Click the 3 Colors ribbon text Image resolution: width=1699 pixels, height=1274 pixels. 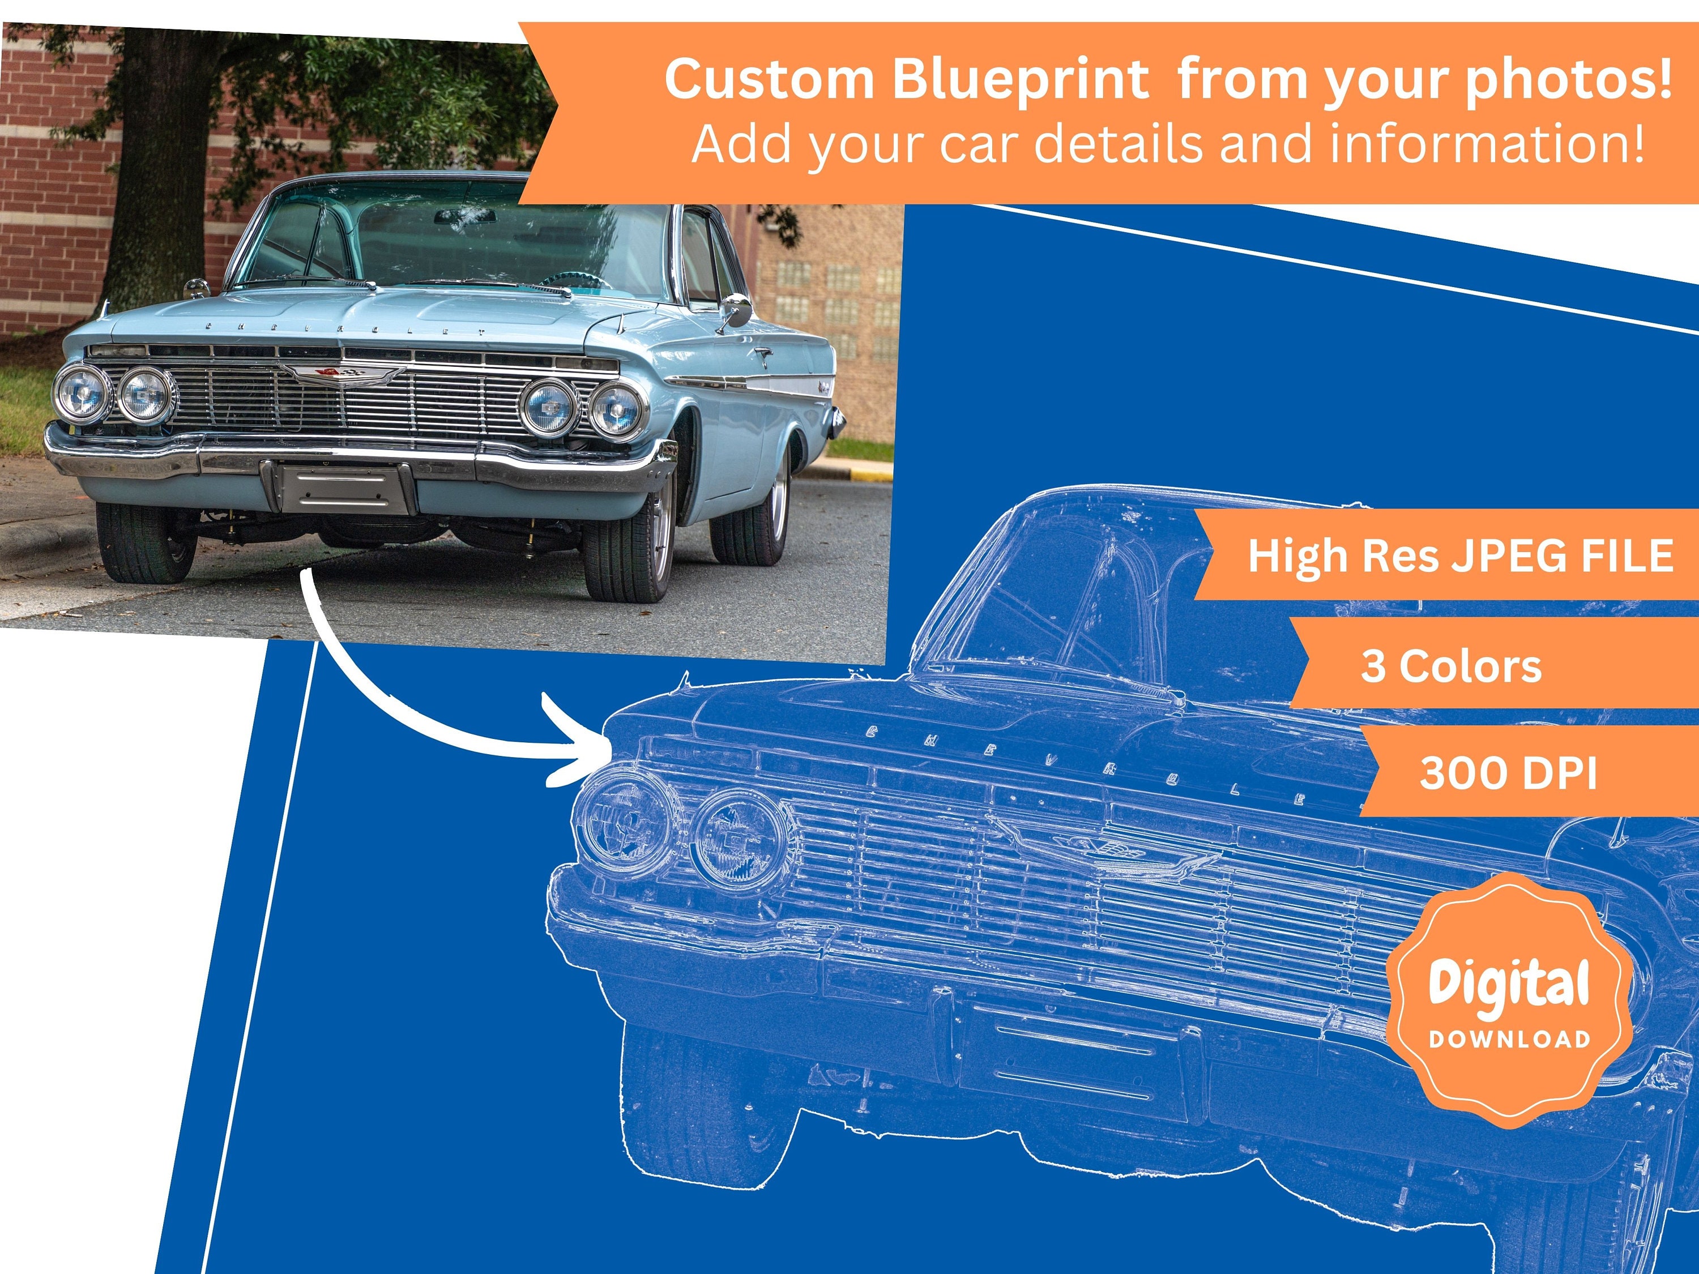tap(1451, 666)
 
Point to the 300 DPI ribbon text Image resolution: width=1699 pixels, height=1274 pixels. tap(1508, 773)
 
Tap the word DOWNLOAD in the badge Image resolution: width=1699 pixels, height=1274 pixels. tap(1509, 1040)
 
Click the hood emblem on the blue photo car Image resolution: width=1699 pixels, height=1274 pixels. tap(338, 373)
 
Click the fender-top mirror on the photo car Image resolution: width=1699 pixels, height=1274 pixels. tap(198, 289)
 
